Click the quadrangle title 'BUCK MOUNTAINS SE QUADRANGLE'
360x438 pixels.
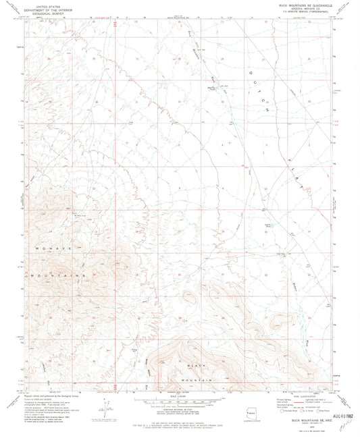(x=298, y=5)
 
